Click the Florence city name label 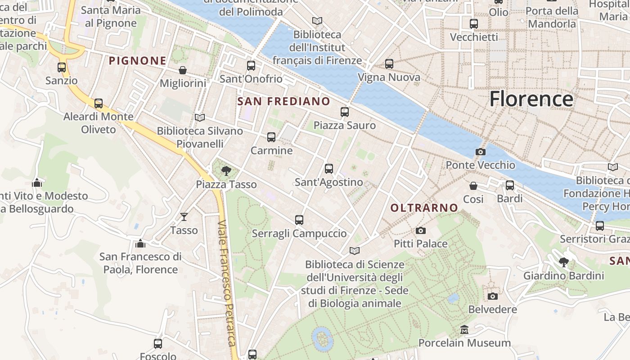pyautogui.click(x=531, y=99)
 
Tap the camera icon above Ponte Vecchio pyautogui.click(x=480, y=152)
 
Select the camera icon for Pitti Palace pyautogui.click(x=421, y=230)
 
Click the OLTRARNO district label pyautogui.click(x=424, y=208)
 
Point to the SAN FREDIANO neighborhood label pyautogui.click(x=283, y=101)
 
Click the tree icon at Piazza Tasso pyautogui.click(x=226, y=171)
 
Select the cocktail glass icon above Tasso pyautogui.click(x=184, y=217)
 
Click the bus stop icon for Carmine pyautogui.click(x=271, y=137)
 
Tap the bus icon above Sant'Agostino pyautogui.click(x=329, y=169)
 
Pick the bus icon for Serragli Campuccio pyautogui.click(x=299, y=220)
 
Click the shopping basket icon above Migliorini pyautogui.click(x=183, y=70)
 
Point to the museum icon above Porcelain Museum pyautogui.click(x=464, y=330)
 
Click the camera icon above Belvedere pyautogui.click(x=493, y=296)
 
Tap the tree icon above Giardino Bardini pyautogui.click(x=563, y=262)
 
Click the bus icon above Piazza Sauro pyautogui.click(x=345, y=112)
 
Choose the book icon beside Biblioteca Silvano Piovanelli pyautogui.click(x=200, y=117)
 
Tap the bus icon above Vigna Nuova pyautogui.click(x=389, y=64)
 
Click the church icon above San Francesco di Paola pyautogui.click(x=140, y=243)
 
